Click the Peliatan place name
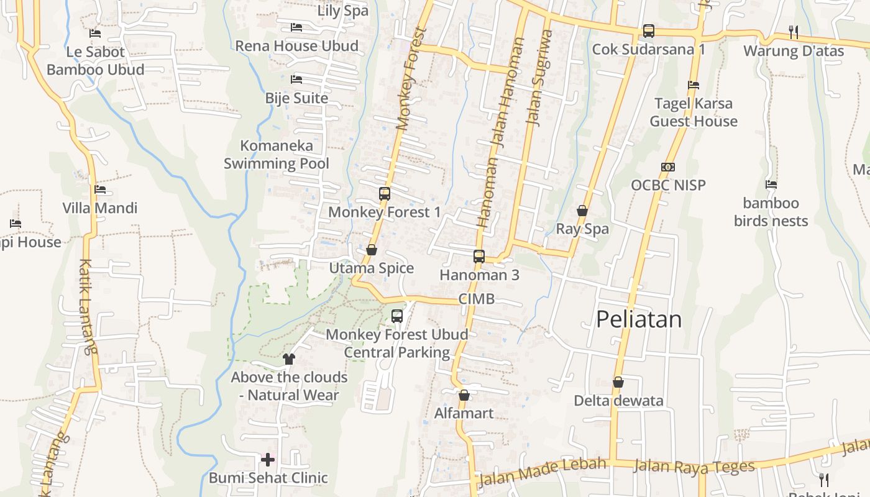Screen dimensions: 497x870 [x=639, y=319]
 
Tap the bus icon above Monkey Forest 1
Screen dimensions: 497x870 [x=385, y=194]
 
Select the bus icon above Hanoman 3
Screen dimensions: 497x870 [x=478, y=256]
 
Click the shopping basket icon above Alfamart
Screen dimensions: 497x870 [x=464, y=395]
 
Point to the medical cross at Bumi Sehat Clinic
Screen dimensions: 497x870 [x=268, y=460]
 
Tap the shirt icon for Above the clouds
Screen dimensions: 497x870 [x=289, y=358]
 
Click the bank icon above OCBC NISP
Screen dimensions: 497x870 [x=668, y=167]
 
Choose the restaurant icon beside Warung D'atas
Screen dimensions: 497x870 [x=793, y=32]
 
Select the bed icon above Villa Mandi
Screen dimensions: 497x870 [x=99, y=189]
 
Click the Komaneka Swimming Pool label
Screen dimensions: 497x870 [x=277, y=155]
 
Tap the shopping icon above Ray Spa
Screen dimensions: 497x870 [x=582, y=211]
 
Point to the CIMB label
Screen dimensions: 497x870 [x=477, y=299]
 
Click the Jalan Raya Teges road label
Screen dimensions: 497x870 [x=694, y=466]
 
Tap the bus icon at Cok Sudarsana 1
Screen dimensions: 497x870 [x=648, y=30]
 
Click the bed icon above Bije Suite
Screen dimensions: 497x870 [x=296, y=80]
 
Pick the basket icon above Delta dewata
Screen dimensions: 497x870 [x=618, y=382]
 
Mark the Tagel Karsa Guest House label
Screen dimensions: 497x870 [x=694, y=112]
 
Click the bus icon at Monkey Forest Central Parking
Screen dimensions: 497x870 [x=397, y=316]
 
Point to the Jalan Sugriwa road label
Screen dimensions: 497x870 [x=539, y=78]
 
